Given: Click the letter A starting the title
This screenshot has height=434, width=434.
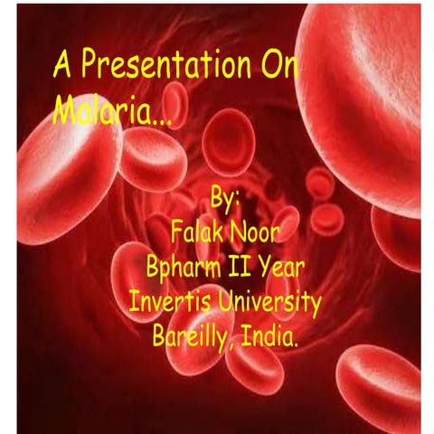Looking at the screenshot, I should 63,67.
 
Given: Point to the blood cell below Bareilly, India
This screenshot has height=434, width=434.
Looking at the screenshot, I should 253,366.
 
